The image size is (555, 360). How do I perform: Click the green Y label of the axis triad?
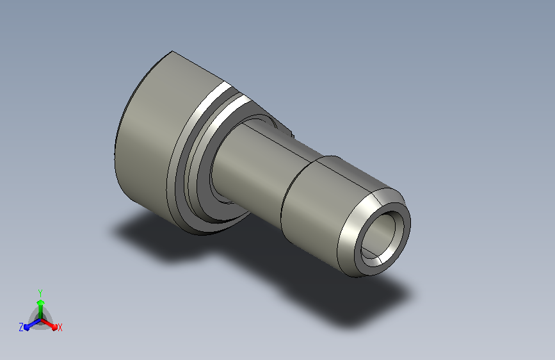40,293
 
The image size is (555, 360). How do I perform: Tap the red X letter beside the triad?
60,327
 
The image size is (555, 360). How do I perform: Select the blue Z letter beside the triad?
21,327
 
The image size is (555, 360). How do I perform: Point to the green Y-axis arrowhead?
41,302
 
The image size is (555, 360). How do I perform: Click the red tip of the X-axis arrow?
54,327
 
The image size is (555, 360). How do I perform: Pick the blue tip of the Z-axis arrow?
26,327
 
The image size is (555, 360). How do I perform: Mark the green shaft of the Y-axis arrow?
41,312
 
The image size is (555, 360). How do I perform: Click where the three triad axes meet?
41,320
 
